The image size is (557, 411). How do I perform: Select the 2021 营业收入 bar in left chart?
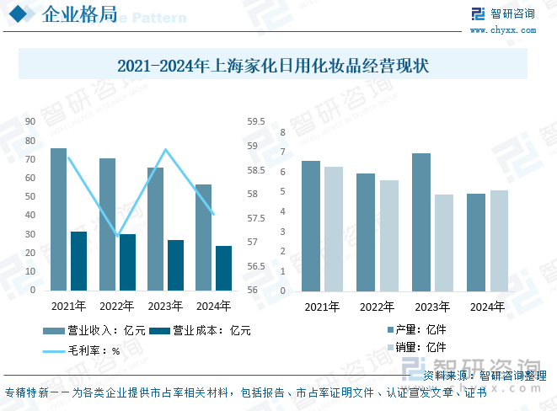tap(58, 219)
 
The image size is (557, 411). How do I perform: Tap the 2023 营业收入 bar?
tap(155, 228)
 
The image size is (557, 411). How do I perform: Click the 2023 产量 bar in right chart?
tap(420, 222)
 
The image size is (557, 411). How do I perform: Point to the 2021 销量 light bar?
tap(334, 229)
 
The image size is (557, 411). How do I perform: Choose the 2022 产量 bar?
tap(366, 232)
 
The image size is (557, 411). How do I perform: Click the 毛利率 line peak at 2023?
tap(165, 150)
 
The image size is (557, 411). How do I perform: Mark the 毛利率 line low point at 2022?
tap(118, 235)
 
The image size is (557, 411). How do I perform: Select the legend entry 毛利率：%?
tap(80, 350)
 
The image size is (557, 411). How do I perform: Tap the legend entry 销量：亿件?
tap(416, 347)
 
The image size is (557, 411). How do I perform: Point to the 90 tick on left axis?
tap(29, 120)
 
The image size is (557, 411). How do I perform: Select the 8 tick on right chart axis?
tap(283, 132)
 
